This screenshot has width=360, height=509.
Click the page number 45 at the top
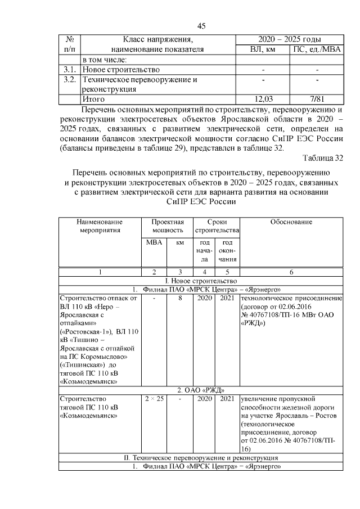point(201,26)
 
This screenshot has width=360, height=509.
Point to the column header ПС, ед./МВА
point(317,49)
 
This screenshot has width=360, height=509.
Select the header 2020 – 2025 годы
point(290,39)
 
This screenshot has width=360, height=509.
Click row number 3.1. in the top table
point(70,69)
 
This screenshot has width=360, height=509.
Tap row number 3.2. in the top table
point(70,79)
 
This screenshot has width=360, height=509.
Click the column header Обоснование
point(291,222)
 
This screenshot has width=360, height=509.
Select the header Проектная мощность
point(168,226)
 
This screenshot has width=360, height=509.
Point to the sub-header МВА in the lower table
point(154,242)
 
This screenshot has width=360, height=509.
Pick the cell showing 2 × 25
point(154,399)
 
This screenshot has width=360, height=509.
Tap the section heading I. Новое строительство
point(201,281)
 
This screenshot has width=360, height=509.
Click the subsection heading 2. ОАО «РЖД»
point(201,390)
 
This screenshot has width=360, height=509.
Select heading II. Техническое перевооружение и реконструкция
point(201,458)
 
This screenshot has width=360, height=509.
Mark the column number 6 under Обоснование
point(291,272)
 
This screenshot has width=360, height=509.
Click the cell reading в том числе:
point(105,59)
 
